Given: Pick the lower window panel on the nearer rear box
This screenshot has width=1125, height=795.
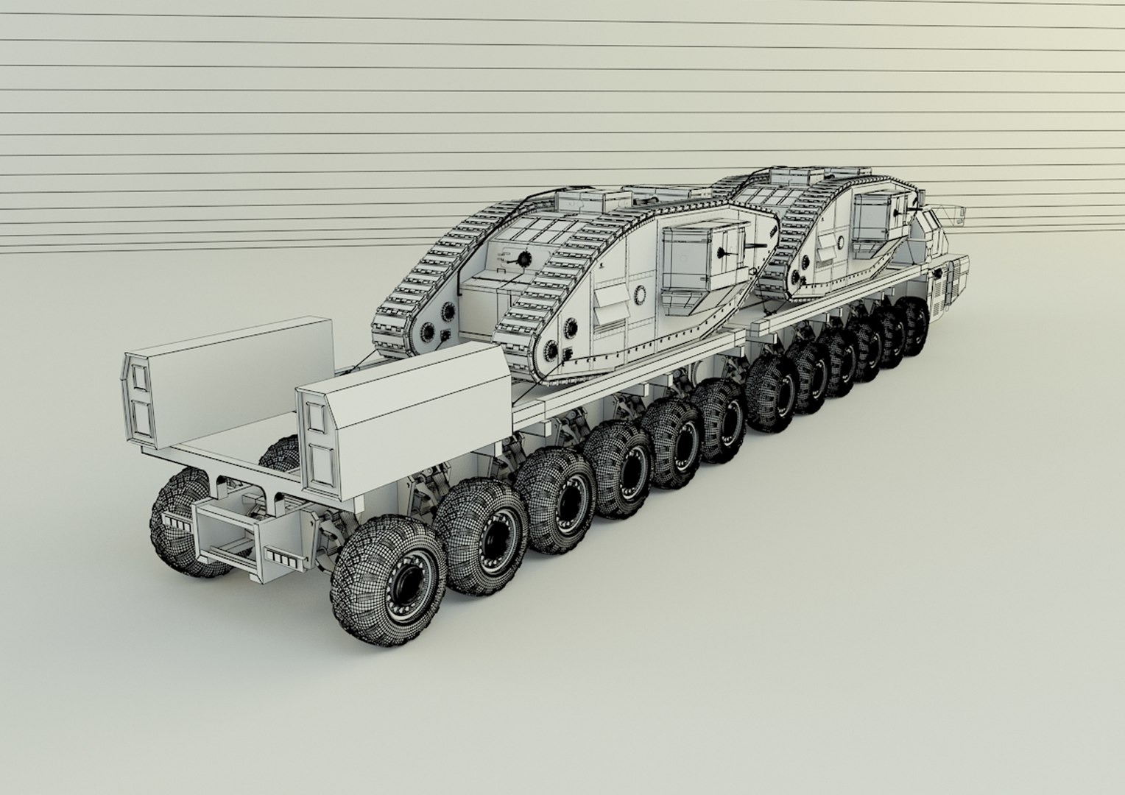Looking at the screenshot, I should click(322, 464).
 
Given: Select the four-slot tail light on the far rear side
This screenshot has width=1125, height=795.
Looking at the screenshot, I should click(175, 522).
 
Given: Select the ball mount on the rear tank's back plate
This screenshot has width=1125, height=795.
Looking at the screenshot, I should click(524, 258).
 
